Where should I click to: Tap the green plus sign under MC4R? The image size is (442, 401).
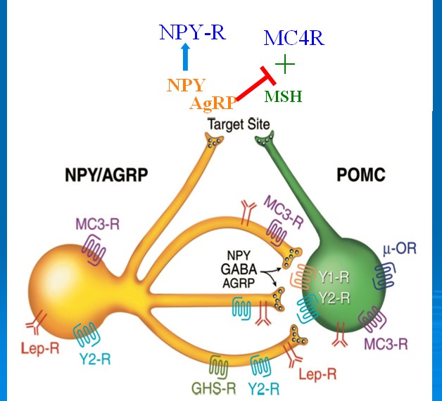284,65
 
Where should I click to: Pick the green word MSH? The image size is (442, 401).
284,96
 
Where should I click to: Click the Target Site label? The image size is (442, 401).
239,125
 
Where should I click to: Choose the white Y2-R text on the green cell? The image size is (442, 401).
334,298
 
